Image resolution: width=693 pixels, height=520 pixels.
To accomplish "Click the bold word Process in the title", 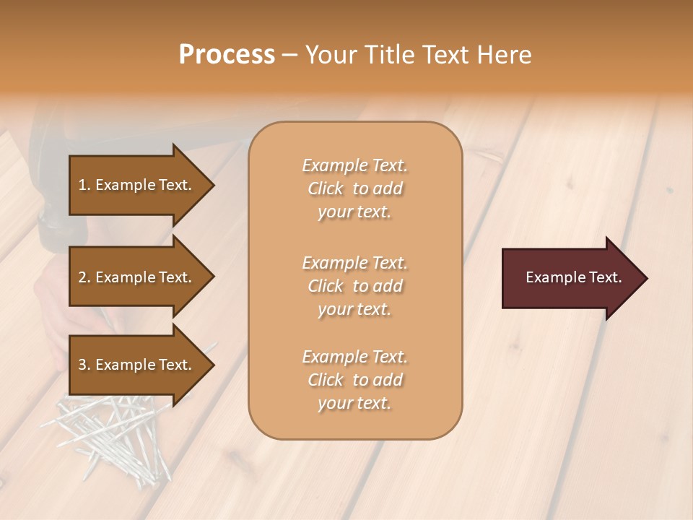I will pos(227,55).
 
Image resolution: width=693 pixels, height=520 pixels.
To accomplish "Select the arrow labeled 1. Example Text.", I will pos(137,185).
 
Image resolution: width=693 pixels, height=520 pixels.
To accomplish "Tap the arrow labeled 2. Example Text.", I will pos(137,277).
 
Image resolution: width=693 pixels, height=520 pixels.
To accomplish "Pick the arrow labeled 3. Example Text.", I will pos(137,365).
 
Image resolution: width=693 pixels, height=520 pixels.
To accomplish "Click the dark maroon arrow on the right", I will pos(570,278).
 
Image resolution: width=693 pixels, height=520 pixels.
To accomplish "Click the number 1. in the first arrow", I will pos(84,185).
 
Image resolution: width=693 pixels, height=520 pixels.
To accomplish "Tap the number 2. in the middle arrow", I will pos(84,277).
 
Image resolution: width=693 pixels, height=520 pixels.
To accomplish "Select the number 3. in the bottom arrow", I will pos(84,365).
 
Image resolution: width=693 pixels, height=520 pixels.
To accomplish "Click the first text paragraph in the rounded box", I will pos(354,188).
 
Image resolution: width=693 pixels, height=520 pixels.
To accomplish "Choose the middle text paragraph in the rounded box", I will pos(354,286).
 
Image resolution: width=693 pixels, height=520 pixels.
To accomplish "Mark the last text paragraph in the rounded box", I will pos(354,380).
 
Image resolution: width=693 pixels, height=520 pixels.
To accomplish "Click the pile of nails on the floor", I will pos(115,433).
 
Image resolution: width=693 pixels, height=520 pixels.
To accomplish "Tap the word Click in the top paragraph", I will pos(326,188).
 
